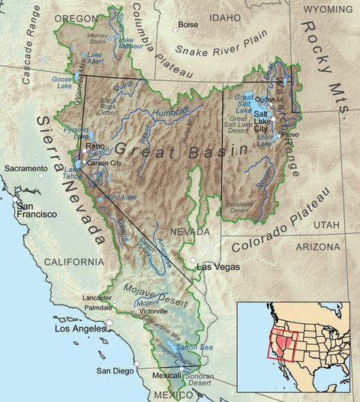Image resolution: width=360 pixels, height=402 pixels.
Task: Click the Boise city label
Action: (x=189, y=25)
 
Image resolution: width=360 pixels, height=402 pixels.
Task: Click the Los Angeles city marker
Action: (x=109, y=323)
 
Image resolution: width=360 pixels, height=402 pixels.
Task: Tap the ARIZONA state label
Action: (x=316, y=245)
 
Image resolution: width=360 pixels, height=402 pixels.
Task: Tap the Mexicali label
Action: (x=168, y=374)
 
